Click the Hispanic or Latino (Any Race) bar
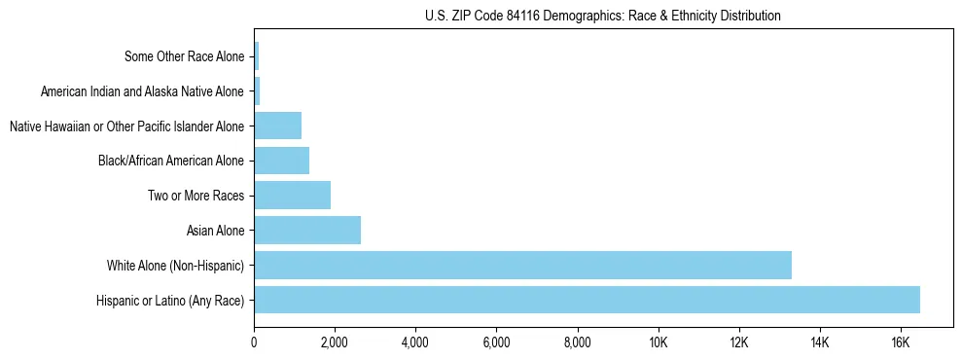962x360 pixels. pyautogui.click(x=587, y=300)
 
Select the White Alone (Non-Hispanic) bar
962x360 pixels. pyautogui.click(x=522, y=265)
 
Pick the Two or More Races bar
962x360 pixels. pyautogui.click(x=292, y=196)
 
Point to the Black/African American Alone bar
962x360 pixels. pyautogui.click(x=281, y=161)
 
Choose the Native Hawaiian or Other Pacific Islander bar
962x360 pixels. pyautogui.click(x=277, y=126)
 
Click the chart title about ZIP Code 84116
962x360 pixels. pyautogui.click(x=603, y=16)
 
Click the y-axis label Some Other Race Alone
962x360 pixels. pyautogui.click(x=185, y=56)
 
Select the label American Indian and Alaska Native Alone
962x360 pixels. pyautogui.click(x=143, y=91)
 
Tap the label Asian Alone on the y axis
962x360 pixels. pyautogui.click(x=216, y=231)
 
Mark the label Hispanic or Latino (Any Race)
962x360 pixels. pyautogui.click(x=170, y=300)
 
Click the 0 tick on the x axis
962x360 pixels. pyautogui.click(x=254, y=342)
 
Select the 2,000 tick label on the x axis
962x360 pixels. pyautogui.click(x=335, y=342)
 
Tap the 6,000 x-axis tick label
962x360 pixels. pyautogui.click(x=496, y=342)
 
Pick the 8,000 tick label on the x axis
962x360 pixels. pyautogui.click(x=577, y=342)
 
